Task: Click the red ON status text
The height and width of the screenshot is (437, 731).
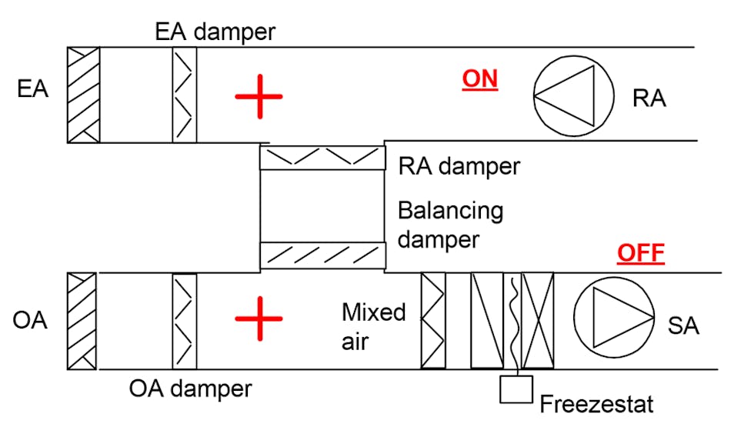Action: (479, 79)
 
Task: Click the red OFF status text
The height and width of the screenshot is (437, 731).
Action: (640, 254)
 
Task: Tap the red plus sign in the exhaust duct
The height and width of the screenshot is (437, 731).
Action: (259, 97)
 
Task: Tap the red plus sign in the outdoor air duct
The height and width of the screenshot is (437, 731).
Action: (259, 319)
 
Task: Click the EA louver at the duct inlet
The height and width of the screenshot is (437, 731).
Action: (83, 95)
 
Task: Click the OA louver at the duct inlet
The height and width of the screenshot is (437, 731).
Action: (82, 321)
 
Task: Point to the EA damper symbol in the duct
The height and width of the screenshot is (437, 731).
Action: (185, 95)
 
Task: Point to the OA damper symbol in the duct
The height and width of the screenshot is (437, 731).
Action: (185, 321)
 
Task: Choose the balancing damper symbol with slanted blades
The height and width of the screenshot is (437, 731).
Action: (322, 255)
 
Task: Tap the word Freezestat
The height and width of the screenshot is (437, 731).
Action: (596, 403)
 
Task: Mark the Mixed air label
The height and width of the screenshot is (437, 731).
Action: (374, 326)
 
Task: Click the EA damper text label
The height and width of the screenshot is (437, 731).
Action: (215, 32)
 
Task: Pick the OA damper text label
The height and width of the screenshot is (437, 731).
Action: (190, 389)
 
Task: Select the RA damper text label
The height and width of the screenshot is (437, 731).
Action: (459, 166)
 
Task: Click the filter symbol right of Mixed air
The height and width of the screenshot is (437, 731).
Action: (433, 320)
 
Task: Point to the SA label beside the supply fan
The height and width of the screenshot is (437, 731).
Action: (683, 325)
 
